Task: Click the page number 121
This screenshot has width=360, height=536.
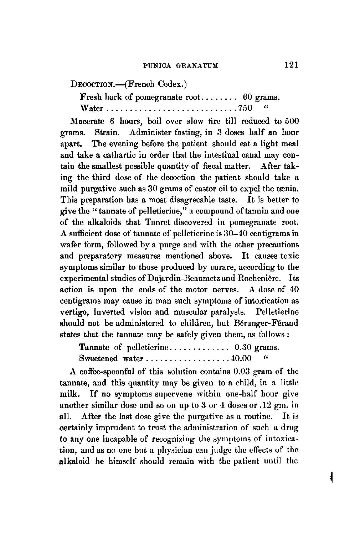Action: click(291, 65)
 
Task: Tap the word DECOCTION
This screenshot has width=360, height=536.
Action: click(92, 85)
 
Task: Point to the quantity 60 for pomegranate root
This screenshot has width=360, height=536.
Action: click(248, 96)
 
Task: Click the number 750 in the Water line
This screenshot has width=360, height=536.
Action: click(245, 108)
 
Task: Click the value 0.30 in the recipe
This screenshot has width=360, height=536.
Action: click(244, 346)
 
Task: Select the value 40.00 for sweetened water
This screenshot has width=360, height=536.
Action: click(241, 358)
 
